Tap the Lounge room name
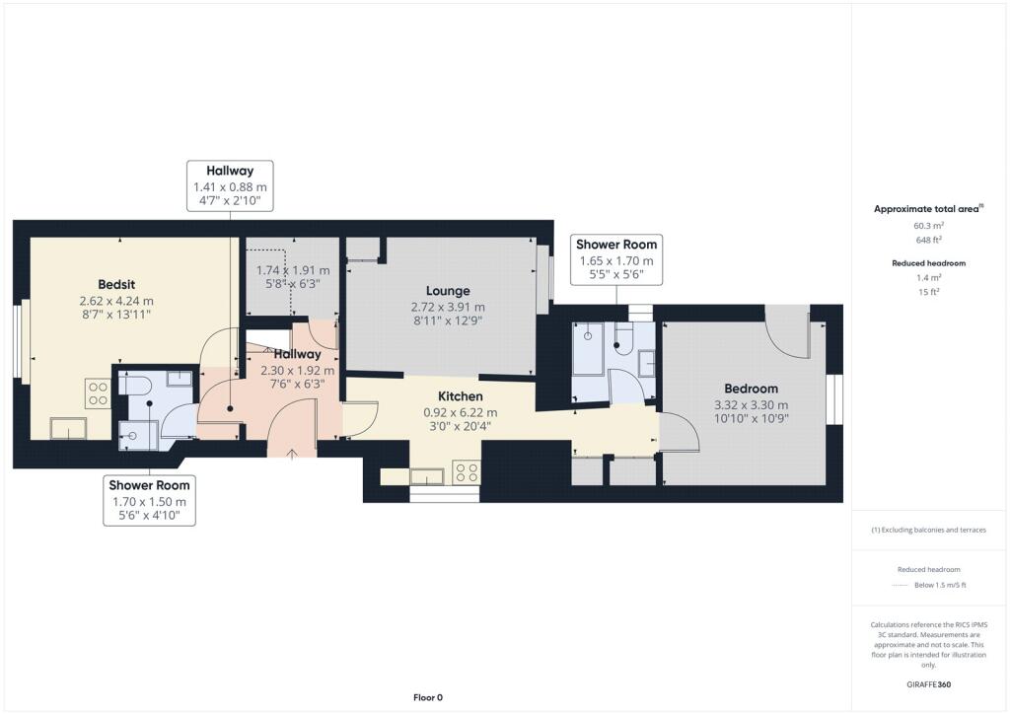(447, 291)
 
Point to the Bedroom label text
(751, 389)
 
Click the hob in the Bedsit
(98, 394)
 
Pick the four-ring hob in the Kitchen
(466, 472)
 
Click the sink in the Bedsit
(67, 428)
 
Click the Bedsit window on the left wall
(20, 341)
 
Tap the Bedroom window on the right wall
(837, 399)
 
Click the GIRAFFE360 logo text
(928, 683)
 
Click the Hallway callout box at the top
(230, 185)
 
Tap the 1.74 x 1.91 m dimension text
(293, 270)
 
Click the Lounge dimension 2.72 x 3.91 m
(447, 307)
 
